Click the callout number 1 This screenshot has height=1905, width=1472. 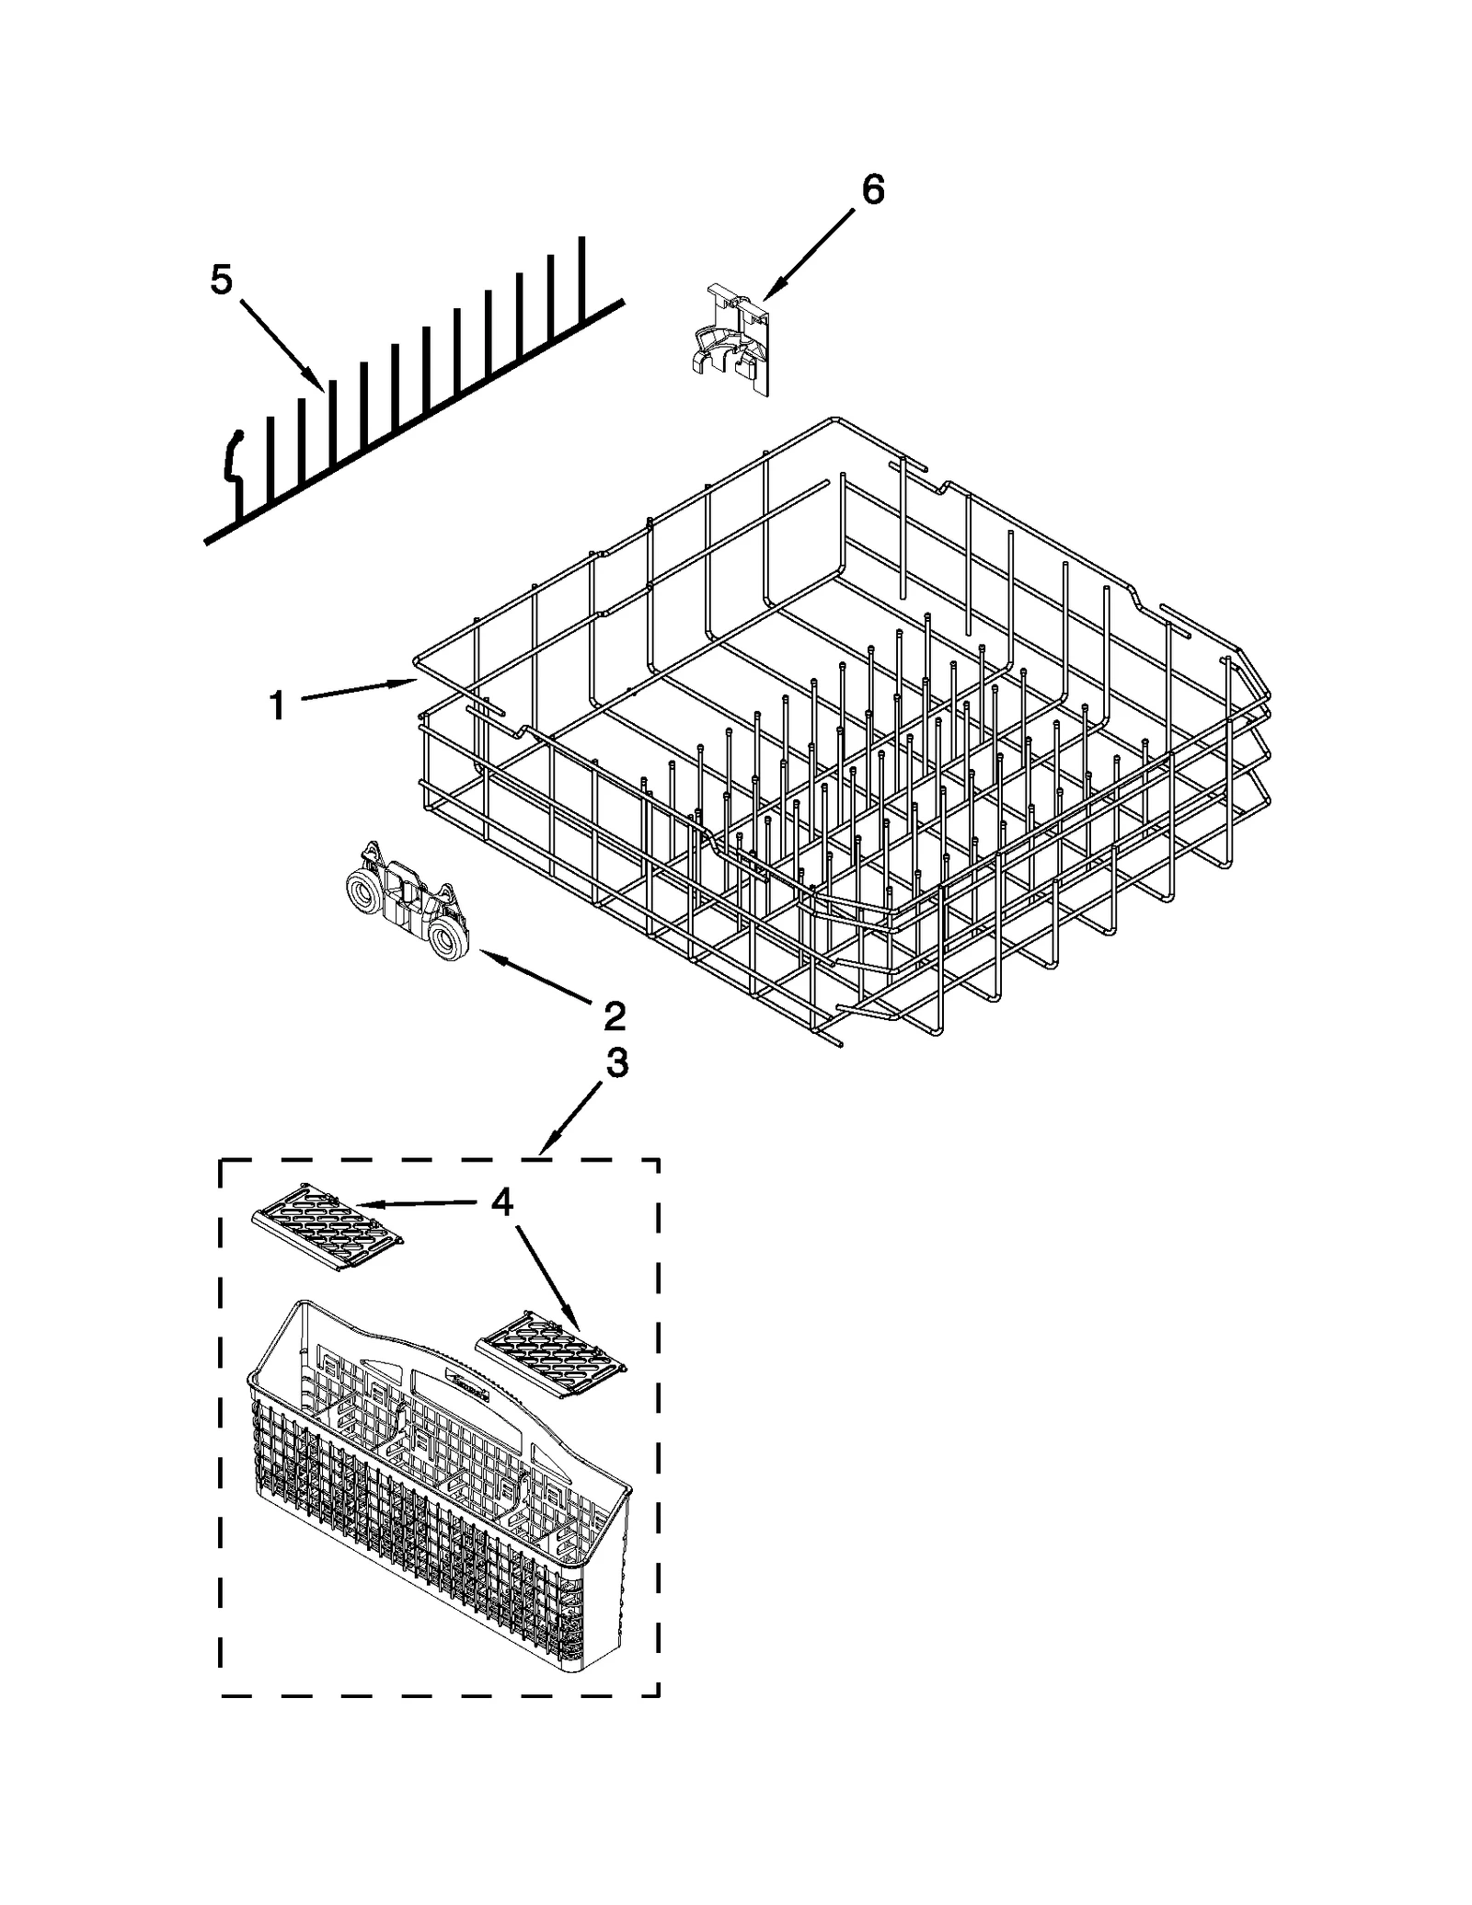click(276, 706)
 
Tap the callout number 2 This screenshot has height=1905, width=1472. click(614, 1016)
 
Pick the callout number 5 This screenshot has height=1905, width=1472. click(221, 280)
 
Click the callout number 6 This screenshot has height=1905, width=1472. click(872, 189)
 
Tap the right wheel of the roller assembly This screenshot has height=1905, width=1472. click(450, 942)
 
